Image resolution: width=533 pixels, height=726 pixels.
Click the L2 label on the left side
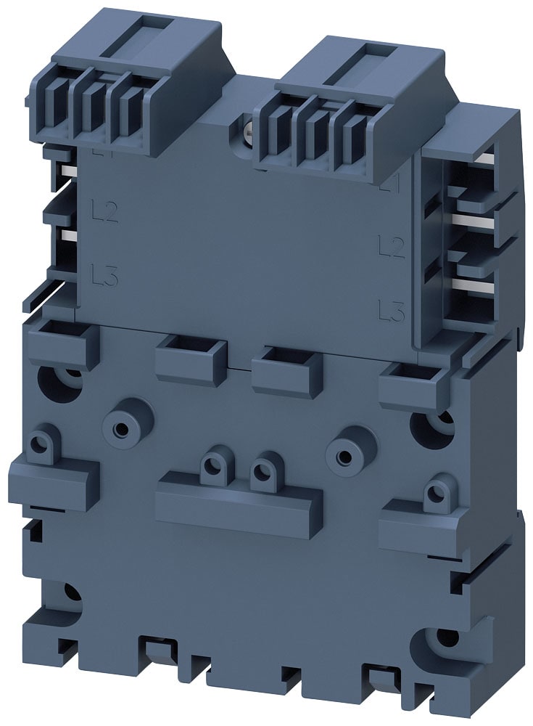click(105, 211)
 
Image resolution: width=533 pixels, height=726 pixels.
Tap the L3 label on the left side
click(105, 275)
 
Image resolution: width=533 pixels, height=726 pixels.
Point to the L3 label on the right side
click(391, 312)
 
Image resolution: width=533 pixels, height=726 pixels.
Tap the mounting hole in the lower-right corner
click(445, 640)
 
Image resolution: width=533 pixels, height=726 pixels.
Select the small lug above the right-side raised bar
click(435, 492)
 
